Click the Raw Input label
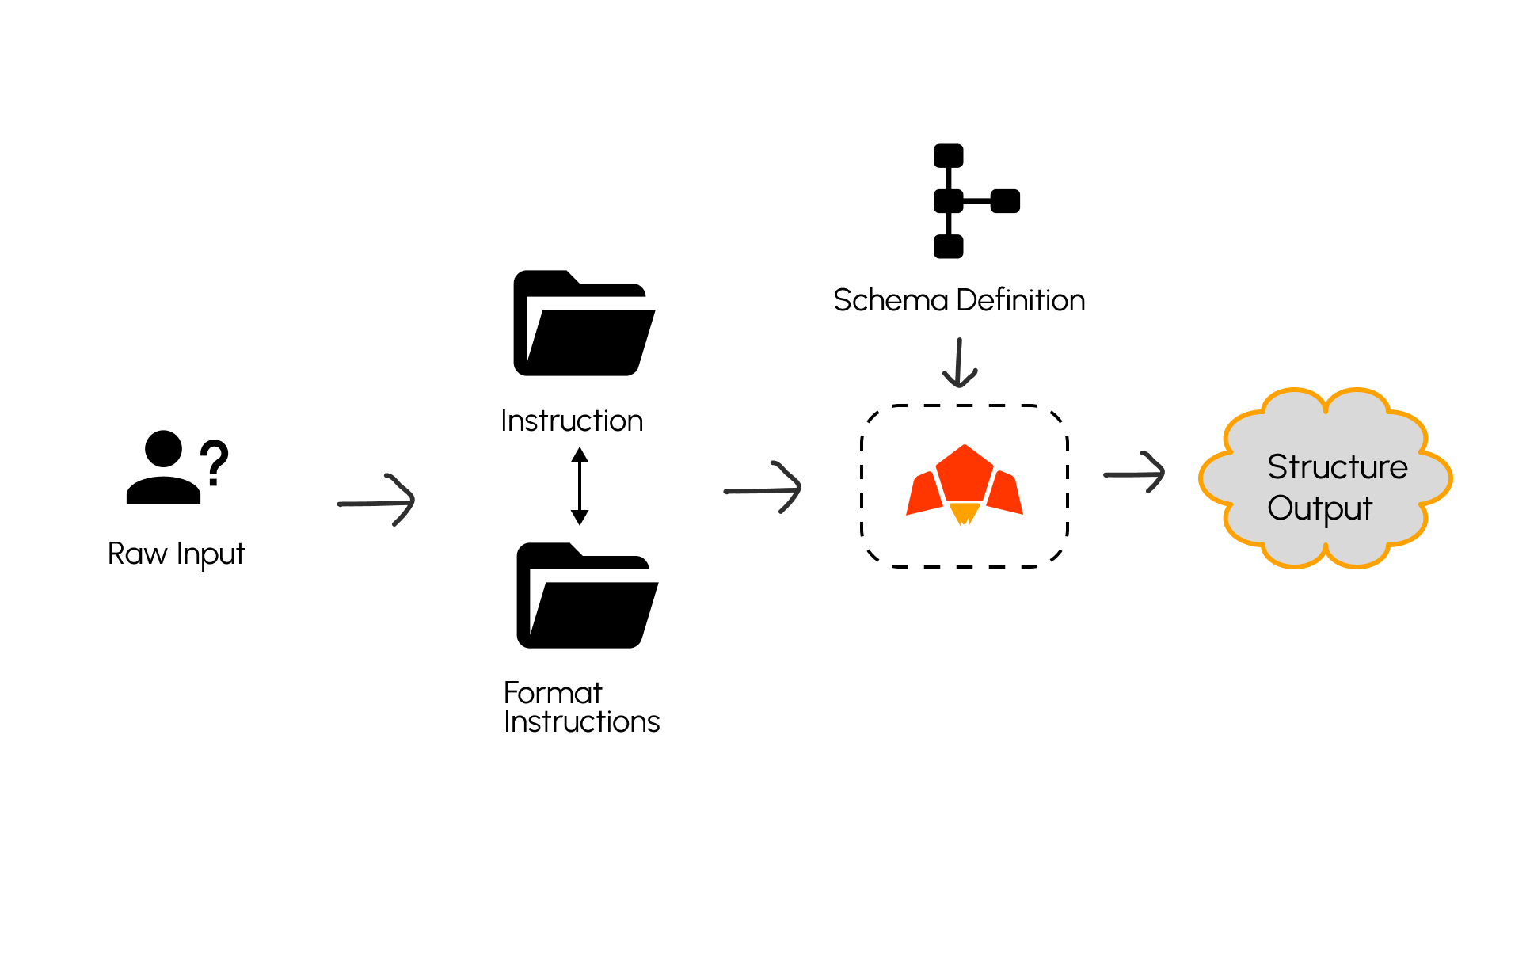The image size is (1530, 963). point(176,554)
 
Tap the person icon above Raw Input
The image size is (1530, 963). point(164,469)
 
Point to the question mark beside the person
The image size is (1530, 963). point(214,463)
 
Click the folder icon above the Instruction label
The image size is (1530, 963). point(584,324)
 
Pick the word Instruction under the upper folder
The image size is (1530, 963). point(572,421)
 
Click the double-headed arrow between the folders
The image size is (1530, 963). point(580,486)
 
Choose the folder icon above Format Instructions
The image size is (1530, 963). point(587,596)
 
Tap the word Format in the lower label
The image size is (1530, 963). point(553,693)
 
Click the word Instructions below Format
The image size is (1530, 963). point(582,722)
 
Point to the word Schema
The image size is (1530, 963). point(890,301)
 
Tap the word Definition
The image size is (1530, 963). point(1021,301)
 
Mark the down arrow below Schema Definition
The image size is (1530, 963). point(959,364)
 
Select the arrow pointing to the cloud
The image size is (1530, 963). point(1134,474)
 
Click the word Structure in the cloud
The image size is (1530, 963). point(1338,467)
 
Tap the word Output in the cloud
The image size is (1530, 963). point(1319,508)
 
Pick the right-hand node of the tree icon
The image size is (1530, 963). point(1005,201)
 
